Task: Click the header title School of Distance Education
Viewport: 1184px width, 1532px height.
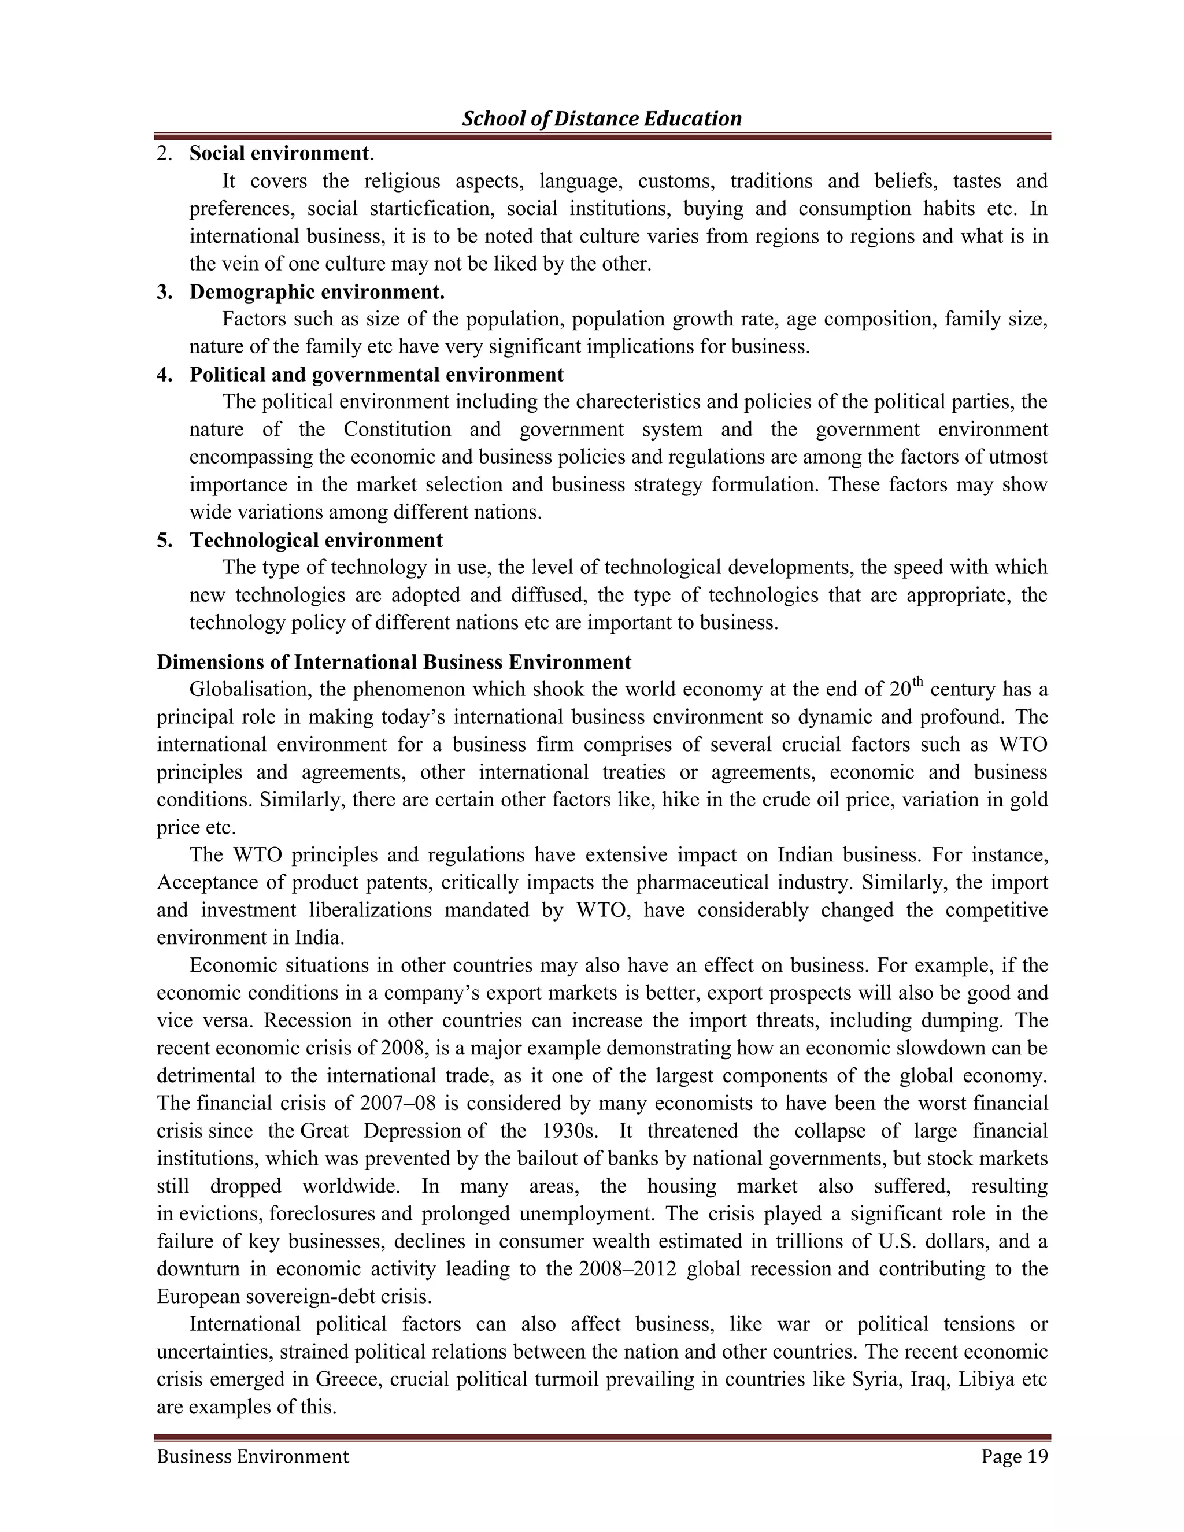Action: [x=601, y=119]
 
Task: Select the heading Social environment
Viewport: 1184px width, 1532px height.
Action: [x=279, y=153]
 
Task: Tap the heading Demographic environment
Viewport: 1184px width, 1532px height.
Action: [x=317, y=291]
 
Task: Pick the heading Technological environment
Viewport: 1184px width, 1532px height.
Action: [x=316, y=540]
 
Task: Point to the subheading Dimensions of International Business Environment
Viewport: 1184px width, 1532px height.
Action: [x=394, y=662]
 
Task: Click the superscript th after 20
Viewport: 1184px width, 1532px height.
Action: [x=917, y=683]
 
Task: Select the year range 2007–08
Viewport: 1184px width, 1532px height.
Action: [x=397, y=1104]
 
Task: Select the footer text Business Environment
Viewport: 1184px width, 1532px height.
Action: [x=253, y=1457]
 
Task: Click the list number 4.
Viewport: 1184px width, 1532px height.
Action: [x=164, y=375]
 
